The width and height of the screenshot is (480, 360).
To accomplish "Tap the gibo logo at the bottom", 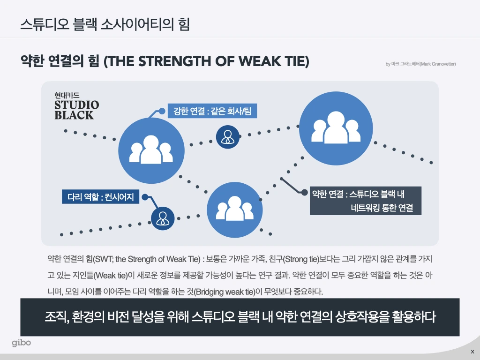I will point(22,343).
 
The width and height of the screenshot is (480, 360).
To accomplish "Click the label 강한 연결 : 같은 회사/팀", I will point(212,112).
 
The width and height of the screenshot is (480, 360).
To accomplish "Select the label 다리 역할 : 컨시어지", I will point(100,197).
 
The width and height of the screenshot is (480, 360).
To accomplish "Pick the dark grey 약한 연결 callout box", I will point(366,201).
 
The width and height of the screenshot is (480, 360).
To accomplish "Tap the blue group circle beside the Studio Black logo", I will point(151,150).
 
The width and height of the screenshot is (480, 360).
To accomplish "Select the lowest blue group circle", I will point(234,209).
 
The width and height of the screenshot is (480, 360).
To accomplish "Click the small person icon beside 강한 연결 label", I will point(228,136).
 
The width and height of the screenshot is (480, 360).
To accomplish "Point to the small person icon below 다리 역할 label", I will point(163,218).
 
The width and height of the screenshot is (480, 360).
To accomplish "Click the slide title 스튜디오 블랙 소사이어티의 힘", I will point(105,24).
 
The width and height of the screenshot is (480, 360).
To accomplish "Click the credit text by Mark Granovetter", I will point(420,64).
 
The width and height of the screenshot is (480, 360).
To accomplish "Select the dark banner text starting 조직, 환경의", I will point(240,317).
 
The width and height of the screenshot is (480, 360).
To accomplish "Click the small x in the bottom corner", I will point(472,352).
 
